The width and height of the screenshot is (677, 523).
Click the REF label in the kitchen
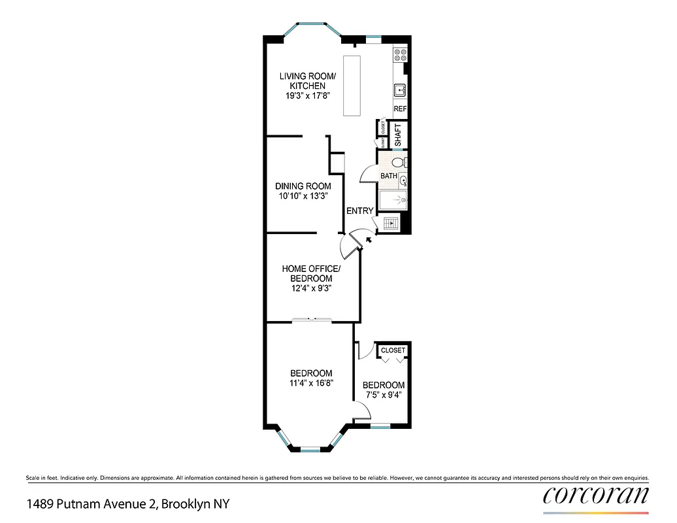click(x=400, y=109)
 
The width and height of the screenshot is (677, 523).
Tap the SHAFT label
click(x=399, y=135)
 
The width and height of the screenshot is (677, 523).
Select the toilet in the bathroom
click(x=402, y=162)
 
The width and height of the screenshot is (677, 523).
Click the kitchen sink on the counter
click(x=399, y=90)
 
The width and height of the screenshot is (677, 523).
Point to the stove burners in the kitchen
click(x=399, y=56)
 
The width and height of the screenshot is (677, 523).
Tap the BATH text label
click(x=389, y=176)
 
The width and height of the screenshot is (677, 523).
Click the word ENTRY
click(x=359, y=211)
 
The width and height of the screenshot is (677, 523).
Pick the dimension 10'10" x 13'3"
click(x=303, y=195)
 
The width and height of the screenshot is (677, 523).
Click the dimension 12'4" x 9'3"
click(x=311, y=288)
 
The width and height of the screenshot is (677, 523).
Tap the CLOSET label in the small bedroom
click(x=393, y=350)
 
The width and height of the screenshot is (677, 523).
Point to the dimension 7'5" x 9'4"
click(x=383, y=395)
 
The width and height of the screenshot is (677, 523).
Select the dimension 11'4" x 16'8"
click(x=311, y=383)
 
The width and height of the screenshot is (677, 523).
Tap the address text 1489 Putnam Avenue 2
click(x=91, y=504)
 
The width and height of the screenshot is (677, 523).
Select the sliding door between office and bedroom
click(x=312, y=320)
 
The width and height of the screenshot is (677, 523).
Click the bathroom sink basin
click(x=403, y=181)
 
